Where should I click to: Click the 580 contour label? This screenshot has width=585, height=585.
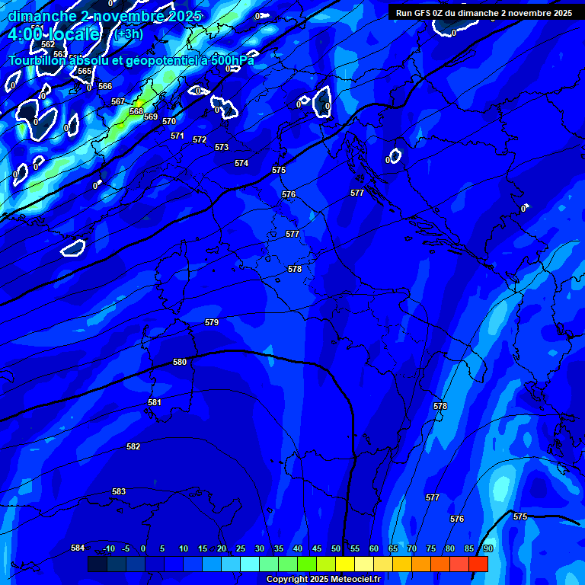pyautogui.click(x=180, y=363)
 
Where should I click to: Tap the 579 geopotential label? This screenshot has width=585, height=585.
pyautogui.click(x=212, y=323)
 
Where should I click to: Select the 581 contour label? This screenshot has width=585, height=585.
pyautogui.click(x=155, y=402)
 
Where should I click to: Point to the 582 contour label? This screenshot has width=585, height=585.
pyautogui.click(x=133, y=447)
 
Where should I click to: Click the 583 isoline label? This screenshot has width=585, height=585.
pyautogui.click(x=119, y=492)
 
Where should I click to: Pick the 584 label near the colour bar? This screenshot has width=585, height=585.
pyautogui.click(x=78, y=548)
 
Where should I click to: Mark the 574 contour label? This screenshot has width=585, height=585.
pyautogui.click(x=241, y=164)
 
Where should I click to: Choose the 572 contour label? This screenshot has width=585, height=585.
pyautogui.click(x=200, y=140)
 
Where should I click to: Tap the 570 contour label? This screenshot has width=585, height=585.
pyautogui.click(x=169, y=122)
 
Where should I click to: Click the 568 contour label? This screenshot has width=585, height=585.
pyautogui.click(x=136, y=111)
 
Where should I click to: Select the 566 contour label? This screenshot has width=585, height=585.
pyautogui.click(x=105, y=87)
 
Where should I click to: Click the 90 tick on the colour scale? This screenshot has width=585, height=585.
pyautogui.click(x=487, y=548)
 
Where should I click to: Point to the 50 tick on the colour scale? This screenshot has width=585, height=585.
pyautogui.click(x=335, y=548)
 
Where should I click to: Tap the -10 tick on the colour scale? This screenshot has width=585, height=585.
pyautogui.click(x=109, y=548)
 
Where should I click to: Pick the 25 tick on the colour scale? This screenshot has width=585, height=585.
pyautogui.click(x=240, y=548)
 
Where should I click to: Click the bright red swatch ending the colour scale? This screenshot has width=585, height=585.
pyautogui.click(x=478, y=564)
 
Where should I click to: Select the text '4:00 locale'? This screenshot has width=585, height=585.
pyautogui.click(x=53, y=34)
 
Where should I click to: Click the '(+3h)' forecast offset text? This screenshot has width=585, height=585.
pyautogui.click(x=128, y=34)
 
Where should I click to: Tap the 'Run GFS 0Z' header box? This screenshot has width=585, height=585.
pyautogui.click(x=484, y=13)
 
